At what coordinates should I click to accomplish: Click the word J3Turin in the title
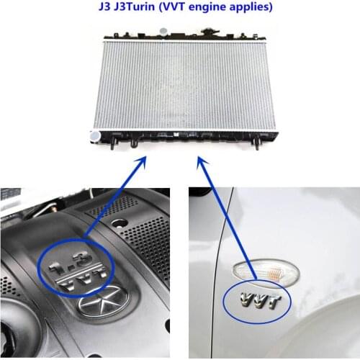click(x=135, y=6)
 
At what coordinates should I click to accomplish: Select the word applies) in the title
click(x=251, y=7)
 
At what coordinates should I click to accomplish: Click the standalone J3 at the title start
click(x=104, y=6)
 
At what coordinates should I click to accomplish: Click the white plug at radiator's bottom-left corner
click(x=95, y=137)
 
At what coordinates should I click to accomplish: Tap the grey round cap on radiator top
click(x=163, y=31)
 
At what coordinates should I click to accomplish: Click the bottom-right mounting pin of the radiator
click(x=256, y=143)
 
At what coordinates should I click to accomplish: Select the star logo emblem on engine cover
click(x=104, y=302)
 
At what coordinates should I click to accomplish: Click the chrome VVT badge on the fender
click(x=260, y=300)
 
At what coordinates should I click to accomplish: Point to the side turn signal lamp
click(x=266, y=271)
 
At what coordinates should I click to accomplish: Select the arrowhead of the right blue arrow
click(x=202, y=162)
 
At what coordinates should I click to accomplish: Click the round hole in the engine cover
click(x=120, y=223)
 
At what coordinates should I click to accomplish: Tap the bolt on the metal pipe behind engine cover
click(x=54, y=210)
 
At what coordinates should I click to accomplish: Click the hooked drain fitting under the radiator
click(x=133, y=143)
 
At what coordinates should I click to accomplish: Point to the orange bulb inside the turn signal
click(x=274, y=273)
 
